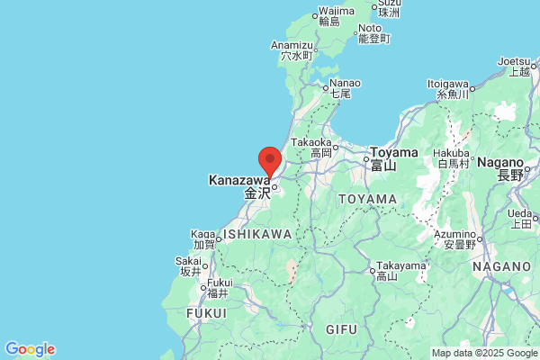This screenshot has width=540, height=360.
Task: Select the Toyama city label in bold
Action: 394,152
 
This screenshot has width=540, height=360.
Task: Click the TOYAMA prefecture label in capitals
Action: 367,199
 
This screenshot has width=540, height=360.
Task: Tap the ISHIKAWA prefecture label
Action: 257,234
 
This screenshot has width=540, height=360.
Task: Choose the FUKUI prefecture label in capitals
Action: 206,312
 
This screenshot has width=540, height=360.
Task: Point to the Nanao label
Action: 340,83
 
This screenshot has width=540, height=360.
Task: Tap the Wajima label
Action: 330,11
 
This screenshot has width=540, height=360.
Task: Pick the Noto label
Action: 370,28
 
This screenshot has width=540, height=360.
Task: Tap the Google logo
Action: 30,349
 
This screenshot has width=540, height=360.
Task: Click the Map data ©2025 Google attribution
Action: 483,353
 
